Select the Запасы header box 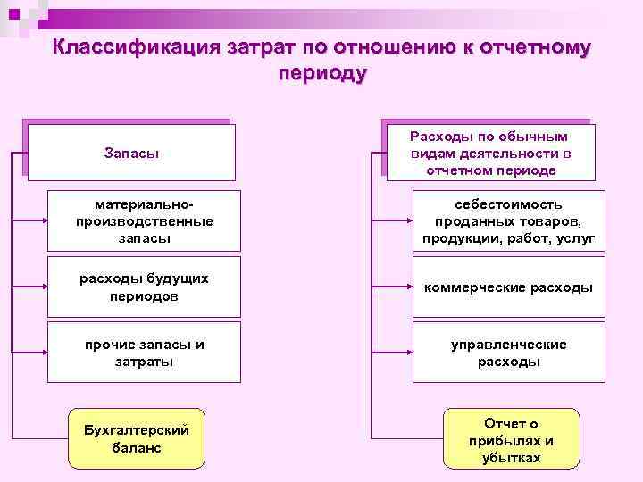coord(131,153)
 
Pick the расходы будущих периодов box coord(144,287)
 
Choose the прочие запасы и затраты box coord(144,353)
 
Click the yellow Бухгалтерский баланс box coord(138,438)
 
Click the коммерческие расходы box coord(508,287)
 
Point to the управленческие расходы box coord(508,353)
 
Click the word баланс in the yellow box coord(138,447)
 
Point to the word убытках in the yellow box coord(511,458)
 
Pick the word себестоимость coord(508,204)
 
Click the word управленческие coord(508,345)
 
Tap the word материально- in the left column coord(144,204)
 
